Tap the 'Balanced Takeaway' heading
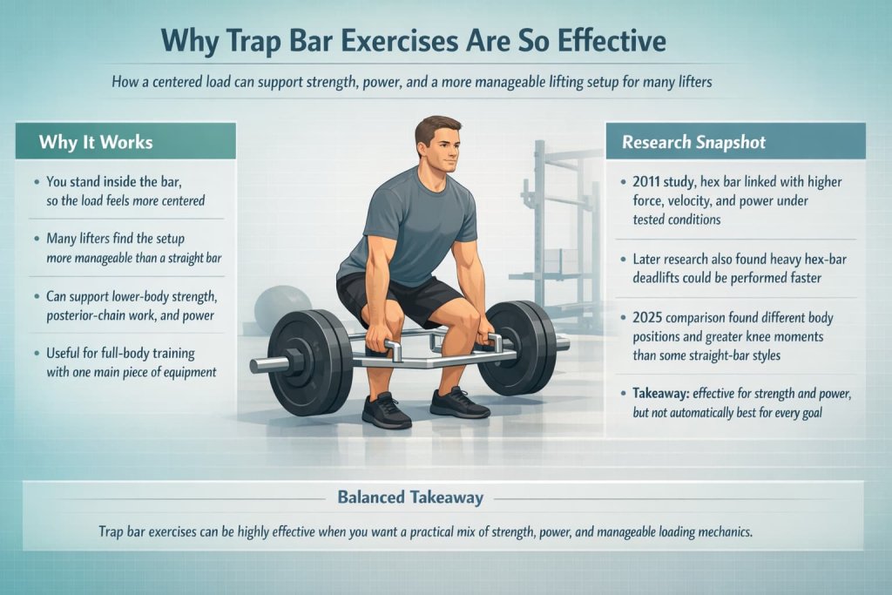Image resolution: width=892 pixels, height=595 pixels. click(409, 498)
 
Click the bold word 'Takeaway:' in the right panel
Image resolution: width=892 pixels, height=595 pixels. click(666, 394)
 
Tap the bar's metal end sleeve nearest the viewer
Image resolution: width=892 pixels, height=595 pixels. click(266, 364)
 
